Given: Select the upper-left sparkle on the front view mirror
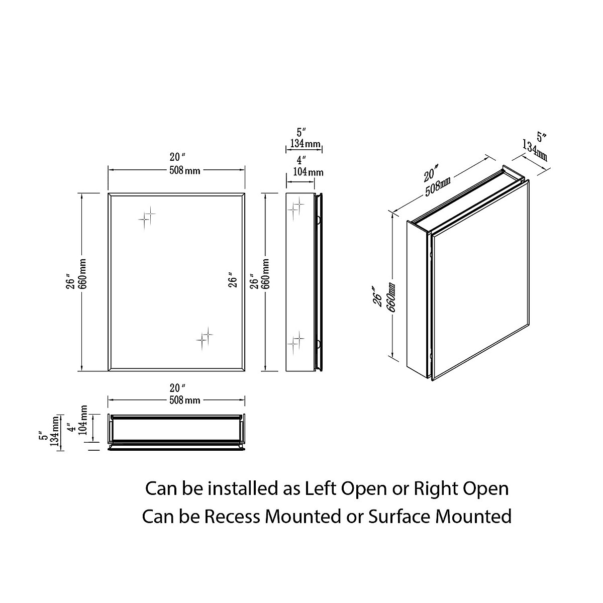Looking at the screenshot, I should (x=147, y=219).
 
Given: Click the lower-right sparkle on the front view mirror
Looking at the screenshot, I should (x=204, y=338).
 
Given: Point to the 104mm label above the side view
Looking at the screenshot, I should (x=309, y=172).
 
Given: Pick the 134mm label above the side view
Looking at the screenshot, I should (x=304, y=145).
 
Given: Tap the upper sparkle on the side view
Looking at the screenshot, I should (x=295, y=207).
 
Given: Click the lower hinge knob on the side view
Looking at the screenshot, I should (x=318, y=344).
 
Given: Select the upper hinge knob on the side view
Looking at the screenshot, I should (x=318, y=220).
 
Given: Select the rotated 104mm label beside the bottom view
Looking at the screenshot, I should (x=83, y=420).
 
